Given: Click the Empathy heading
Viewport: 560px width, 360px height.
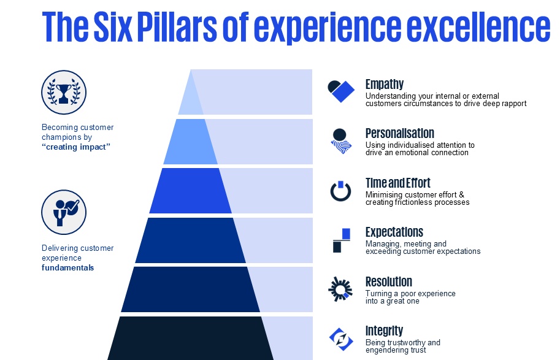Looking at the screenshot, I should coord(384,85).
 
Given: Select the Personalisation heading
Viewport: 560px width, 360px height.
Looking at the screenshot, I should coord(399,134).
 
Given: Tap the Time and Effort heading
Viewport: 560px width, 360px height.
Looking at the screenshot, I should coord(397,183).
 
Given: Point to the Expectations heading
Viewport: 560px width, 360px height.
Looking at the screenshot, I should coord(394,232).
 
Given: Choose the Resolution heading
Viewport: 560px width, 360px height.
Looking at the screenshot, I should coord(388,282).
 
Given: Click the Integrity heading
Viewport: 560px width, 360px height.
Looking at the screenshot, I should coord(384,331).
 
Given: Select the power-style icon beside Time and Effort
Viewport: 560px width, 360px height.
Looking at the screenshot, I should coord(340,191).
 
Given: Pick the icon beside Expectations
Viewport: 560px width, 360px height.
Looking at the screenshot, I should coord(342,240).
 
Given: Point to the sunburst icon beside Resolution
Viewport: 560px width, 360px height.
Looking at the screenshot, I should coord(340,289).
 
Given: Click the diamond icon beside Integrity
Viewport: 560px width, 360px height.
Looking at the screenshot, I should coord(340,337).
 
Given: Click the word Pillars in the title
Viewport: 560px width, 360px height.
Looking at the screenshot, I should coord(167,26).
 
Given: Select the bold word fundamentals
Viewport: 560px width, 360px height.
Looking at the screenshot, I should coord(67,268).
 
